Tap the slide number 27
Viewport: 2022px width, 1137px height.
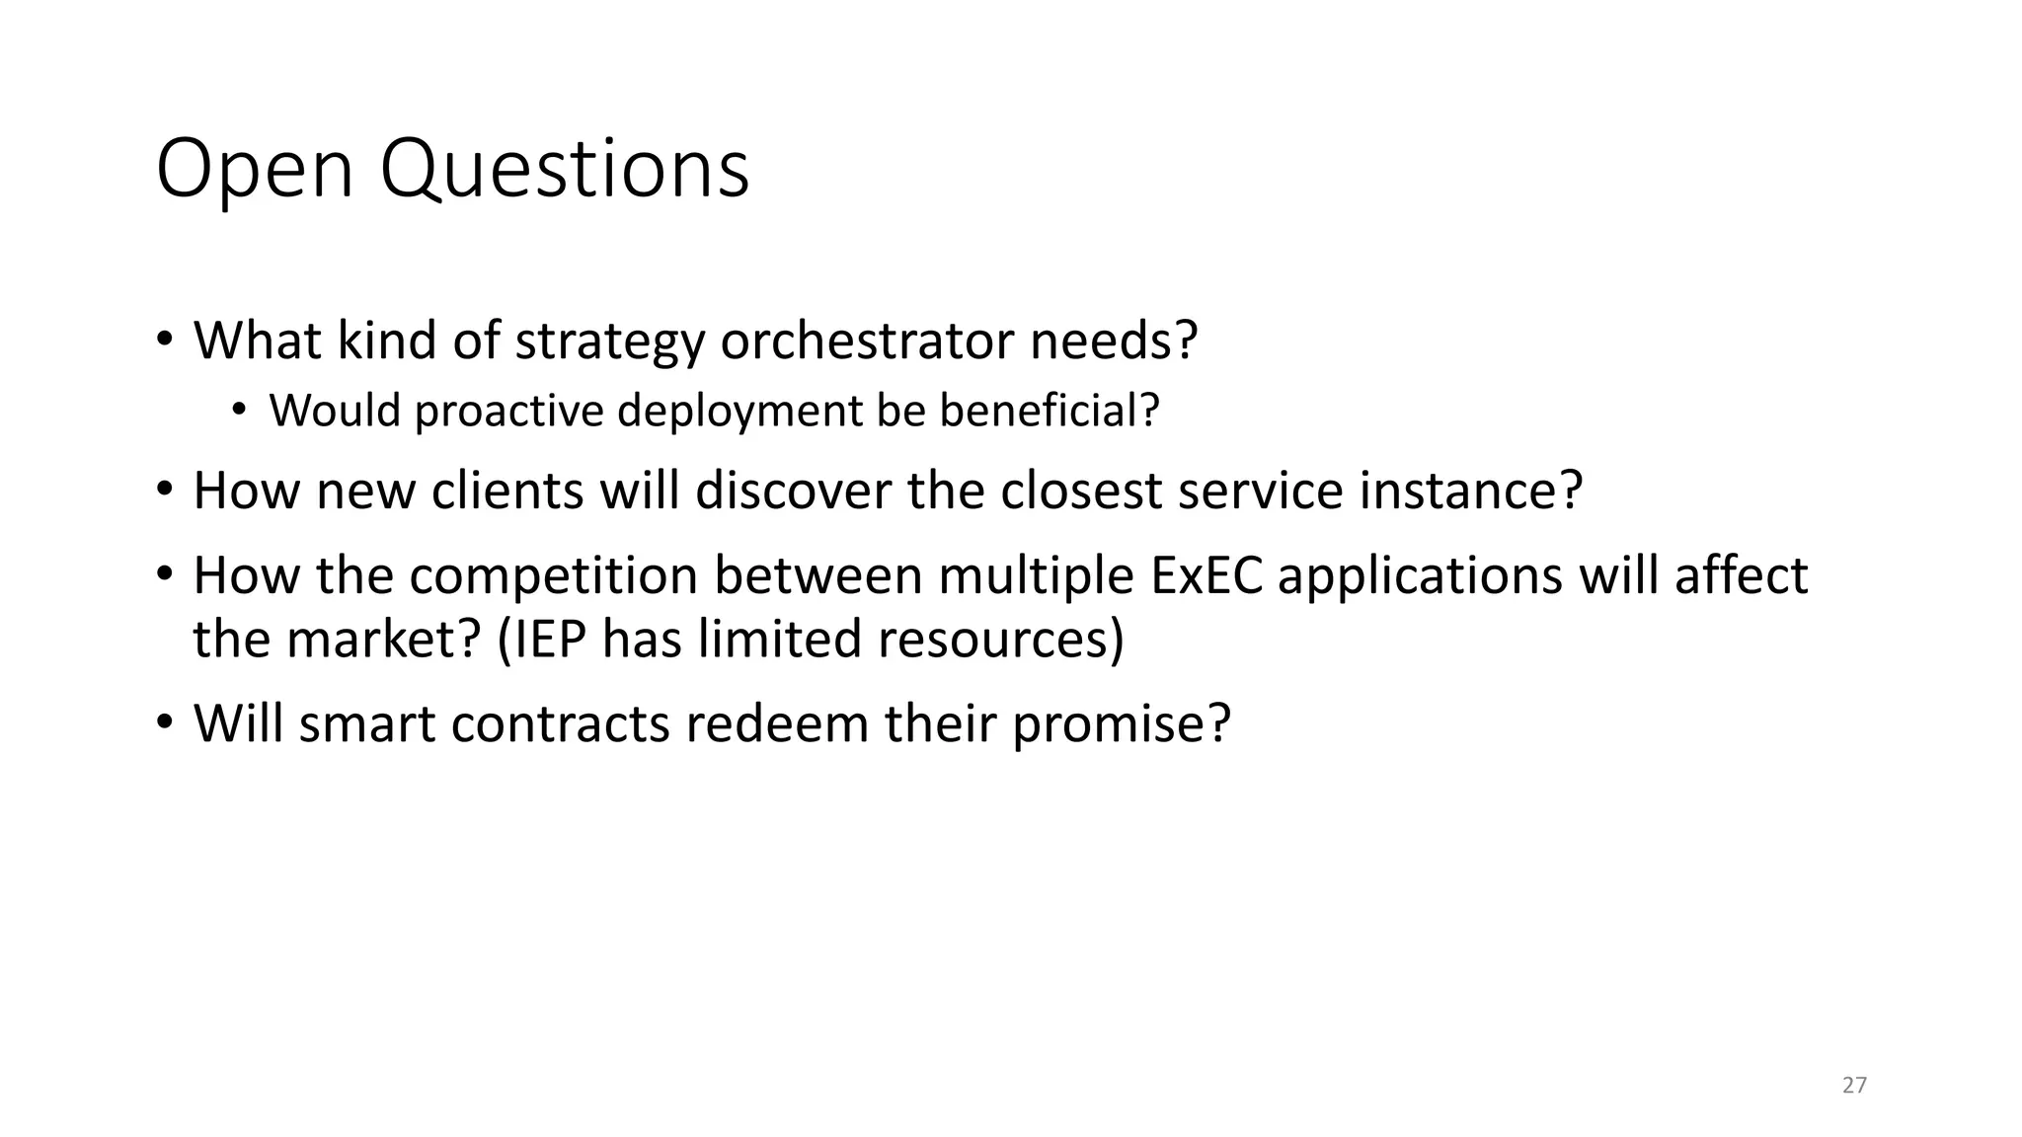click(x=1854, y=1086)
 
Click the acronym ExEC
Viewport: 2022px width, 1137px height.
click(x=1206, y=575)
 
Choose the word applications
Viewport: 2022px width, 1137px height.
click(x=1420, y=575)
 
